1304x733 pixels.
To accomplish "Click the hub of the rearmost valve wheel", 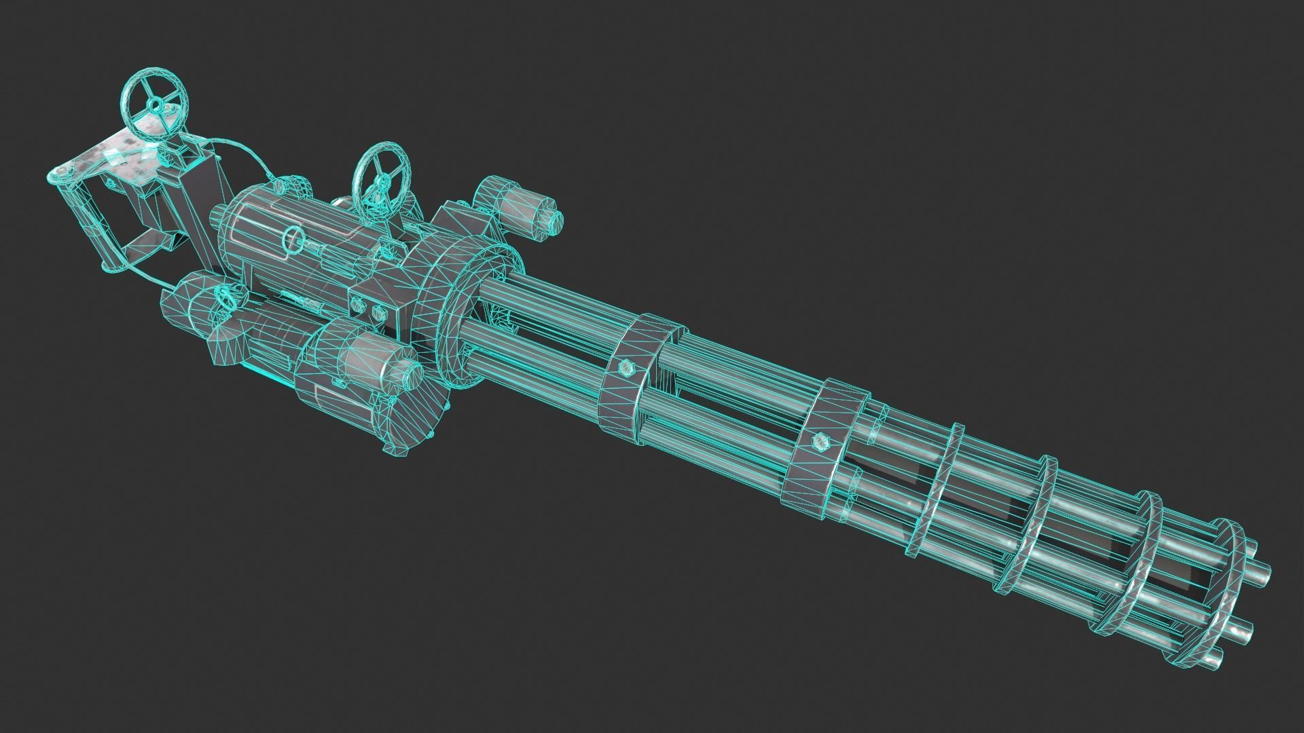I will [x=156, y=105].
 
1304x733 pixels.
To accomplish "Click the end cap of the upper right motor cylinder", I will [x=551, y=221].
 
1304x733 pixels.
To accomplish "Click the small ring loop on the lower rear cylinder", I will [x=225, y=294].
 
